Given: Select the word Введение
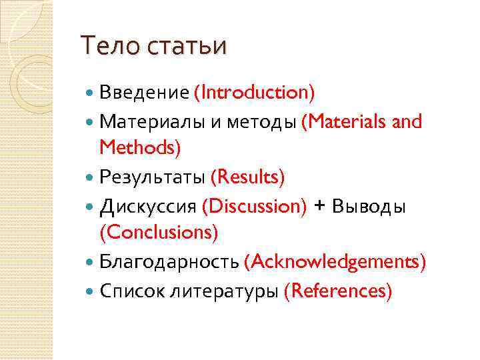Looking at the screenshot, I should (x=144, y=92).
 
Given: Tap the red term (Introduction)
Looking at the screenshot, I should (x=254, y=92).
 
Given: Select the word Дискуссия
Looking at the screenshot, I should (x=148, y=207).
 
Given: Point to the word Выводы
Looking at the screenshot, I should (x=369, y=207).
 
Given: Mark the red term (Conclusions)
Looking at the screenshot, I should (x=159, y=232).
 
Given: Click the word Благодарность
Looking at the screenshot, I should (x=169, y=262).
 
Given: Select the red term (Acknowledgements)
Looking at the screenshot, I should (x=335, y=262).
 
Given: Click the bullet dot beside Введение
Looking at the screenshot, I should (x=91, y=92).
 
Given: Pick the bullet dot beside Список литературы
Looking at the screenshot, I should (x=91, y=291).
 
